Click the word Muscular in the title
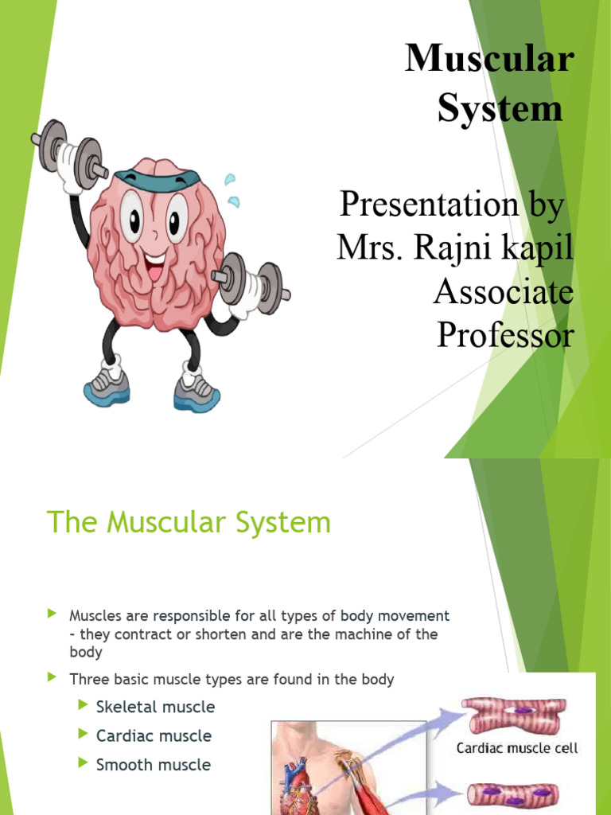pos(488,59)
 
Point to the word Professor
pos(504,335)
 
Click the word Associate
pos(503,292)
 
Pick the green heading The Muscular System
pos(189,523)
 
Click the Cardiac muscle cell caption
pos(516,748)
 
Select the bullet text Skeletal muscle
pos(155,707)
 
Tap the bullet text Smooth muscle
pos(153,765)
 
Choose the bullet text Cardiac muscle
pos(154,736)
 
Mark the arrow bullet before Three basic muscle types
pos(53,678)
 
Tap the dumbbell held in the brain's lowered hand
pos(250,280)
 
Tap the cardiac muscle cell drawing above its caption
pos(516,716)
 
